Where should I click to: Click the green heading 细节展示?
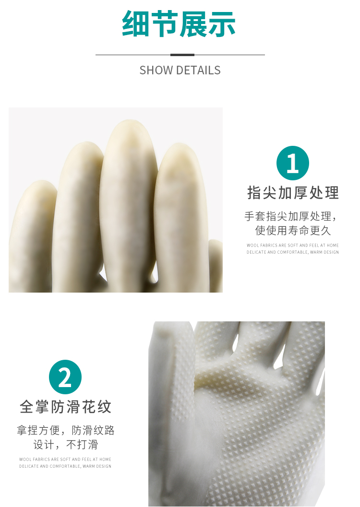179,24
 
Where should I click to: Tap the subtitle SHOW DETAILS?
180,70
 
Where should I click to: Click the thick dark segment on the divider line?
182,55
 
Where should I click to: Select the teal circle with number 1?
293,163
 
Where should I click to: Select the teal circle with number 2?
65,377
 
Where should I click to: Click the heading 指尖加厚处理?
293,193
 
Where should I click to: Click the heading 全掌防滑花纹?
66,406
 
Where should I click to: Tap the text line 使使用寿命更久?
293,230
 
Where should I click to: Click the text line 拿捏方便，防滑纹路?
66,430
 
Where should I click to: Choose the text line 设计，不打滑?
66,444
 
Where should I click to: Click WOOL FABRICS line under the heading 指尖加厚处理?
293,246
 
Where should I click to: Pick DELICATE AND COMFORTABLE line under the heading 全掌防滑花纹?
65,466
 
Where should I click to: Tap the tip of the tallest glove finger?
129,121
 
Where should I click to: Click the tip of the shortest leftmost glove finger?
39,182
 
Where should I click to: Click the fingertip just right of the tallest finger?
180,145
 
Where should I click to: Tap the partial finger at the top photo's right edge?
216,265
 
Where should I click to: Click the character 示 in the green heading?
222,24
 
